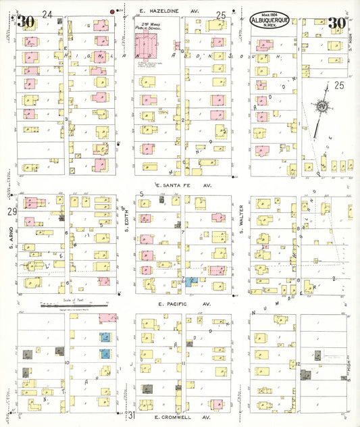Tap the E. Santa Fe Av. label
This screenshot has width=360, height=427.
(x=184, y=184)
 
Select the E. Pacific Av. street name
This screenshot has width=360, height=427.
(x=184, y=304)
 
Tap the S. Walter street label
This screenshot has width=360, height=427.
(x=240, y=218)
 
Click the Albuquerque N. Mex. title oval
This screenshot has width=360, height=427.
(x=270, y=22)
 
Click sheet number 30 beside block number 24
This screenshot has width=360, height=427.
(x=26, y=22)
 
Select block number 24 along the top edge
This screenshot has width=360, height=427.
(x=47, y=14)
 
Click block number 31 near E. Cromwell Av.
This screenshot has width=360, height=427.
(x=133, y=413)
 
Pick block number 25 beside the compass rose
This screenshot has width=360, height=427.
(x=338, y=84)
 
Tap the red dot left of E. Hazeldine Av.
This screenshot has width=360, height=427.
(x=112, y=11)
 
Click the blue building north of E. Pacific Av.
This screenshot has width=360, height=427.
(x=191, y=280)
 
